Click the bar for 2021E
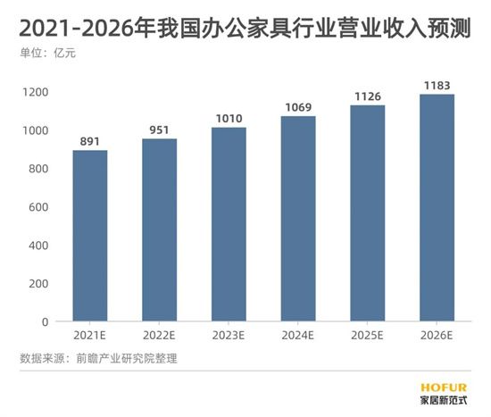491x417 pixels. (x=90, y=236)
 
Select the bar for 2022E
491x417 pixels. (x=159, y=229)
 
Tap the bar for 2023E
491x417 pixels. (x=229, y=224)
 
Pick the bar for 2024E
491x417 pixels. (x=298, y=219)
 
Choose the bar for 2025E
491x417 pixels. (x=368, y=213)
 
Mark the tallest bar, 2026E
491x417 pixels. (x=437, y=207)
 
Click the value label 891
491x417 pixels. (x=90, y=140)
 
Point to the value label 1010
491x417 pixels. (x=229, y=118)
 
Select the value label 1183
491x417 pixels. (x=437, y=85)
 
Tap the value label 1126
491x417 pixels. (x=368, y=96)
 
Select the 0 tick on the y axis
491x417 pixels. (x=44, y=321)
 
